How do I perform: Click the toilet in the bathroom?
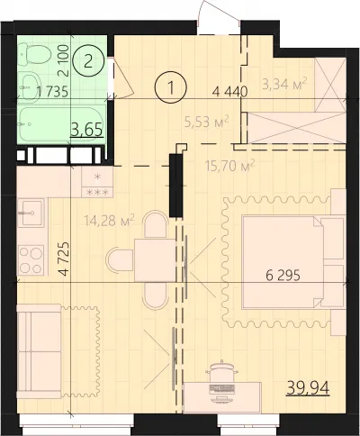click(33, 54)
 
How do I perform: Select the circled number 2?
click(87, 61)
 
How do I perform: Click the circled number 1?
click(171, 87)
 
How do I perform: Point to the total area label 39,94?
click(309, 387)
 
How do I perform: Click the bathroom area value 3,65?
click(87, 130)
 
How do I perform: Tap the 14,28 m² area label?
click(109, 221)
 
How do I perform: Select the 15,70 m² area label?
click(230, 166)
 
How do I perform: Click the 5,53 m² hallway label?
click(207, 122)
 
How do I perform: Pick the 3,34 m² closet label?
click(284, 84)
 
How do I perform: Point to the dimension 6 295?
click(283, 275)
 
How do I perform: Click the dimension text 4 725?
click(64, 259)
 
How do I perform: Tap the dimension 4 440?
click(229, 91)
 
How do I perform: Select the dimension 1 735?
click(51, 91)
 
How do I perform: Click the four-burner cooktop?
click(31, 259)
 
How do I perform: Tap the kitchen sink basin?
click(31, 213)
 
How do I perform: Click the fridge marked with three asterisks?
click(97, 182)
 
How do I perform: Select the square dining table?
click(155, 260)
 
